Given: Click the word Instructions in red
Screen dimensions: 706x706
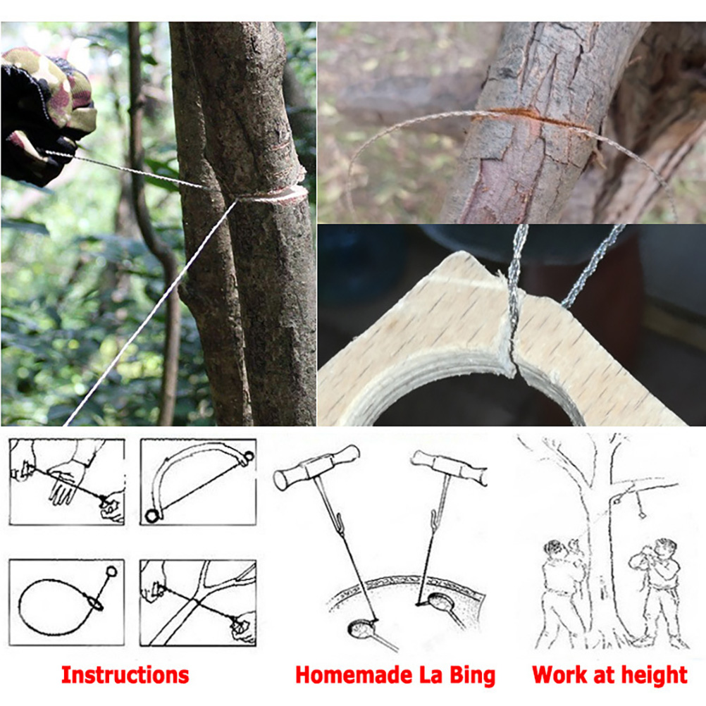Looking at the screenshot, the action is [x=125, y=675].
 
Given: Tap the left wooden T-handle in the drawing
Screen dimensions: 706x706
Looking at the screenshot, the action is [x=316, y=466].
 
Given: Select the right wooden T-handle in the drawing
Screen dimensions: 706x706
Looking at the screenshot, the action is [x=450, y=468].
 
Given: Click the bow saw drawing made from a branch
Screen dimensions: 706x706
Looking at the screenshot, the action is [x=198, y=483].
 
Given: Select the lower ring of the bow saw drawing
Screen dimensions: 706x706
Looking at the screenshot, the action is [x=152, y=516].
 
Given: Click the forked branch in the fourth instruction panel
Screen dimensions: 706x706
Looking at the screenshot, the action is [x=203, y=601].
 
